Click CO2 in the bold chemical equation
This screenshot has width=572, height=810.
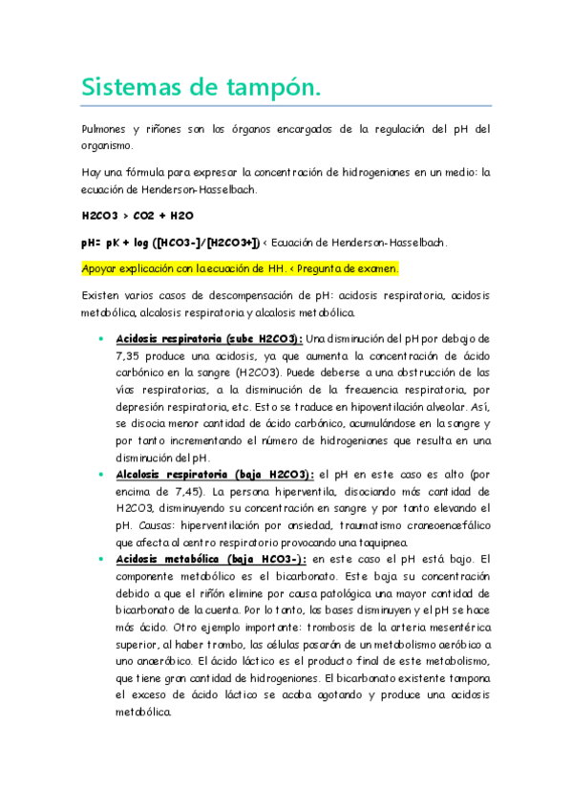coord(150,216)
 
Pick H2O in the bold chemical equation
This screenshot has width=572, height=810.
coord(185,216)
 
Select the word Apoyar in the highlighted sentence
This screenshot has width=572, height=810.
coord(100,268)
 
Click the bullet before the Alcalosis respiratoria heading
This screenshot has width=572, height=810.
coord(100,475)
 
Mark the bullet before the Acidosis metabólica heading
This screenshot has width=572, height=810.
coord(100,558)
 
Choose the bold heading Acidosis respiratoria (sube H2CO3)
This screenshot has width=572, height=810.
coord(208,338)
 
